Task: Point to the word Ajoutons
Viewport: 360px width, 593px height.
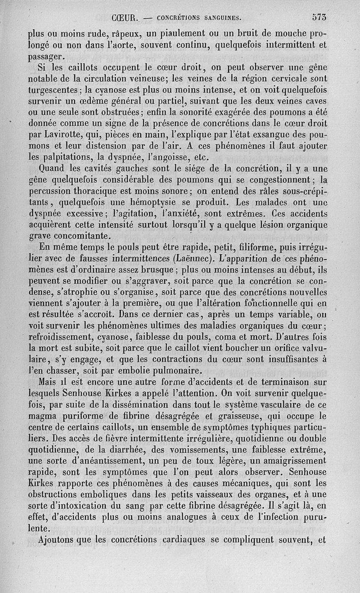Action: [x=62, y=540]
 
